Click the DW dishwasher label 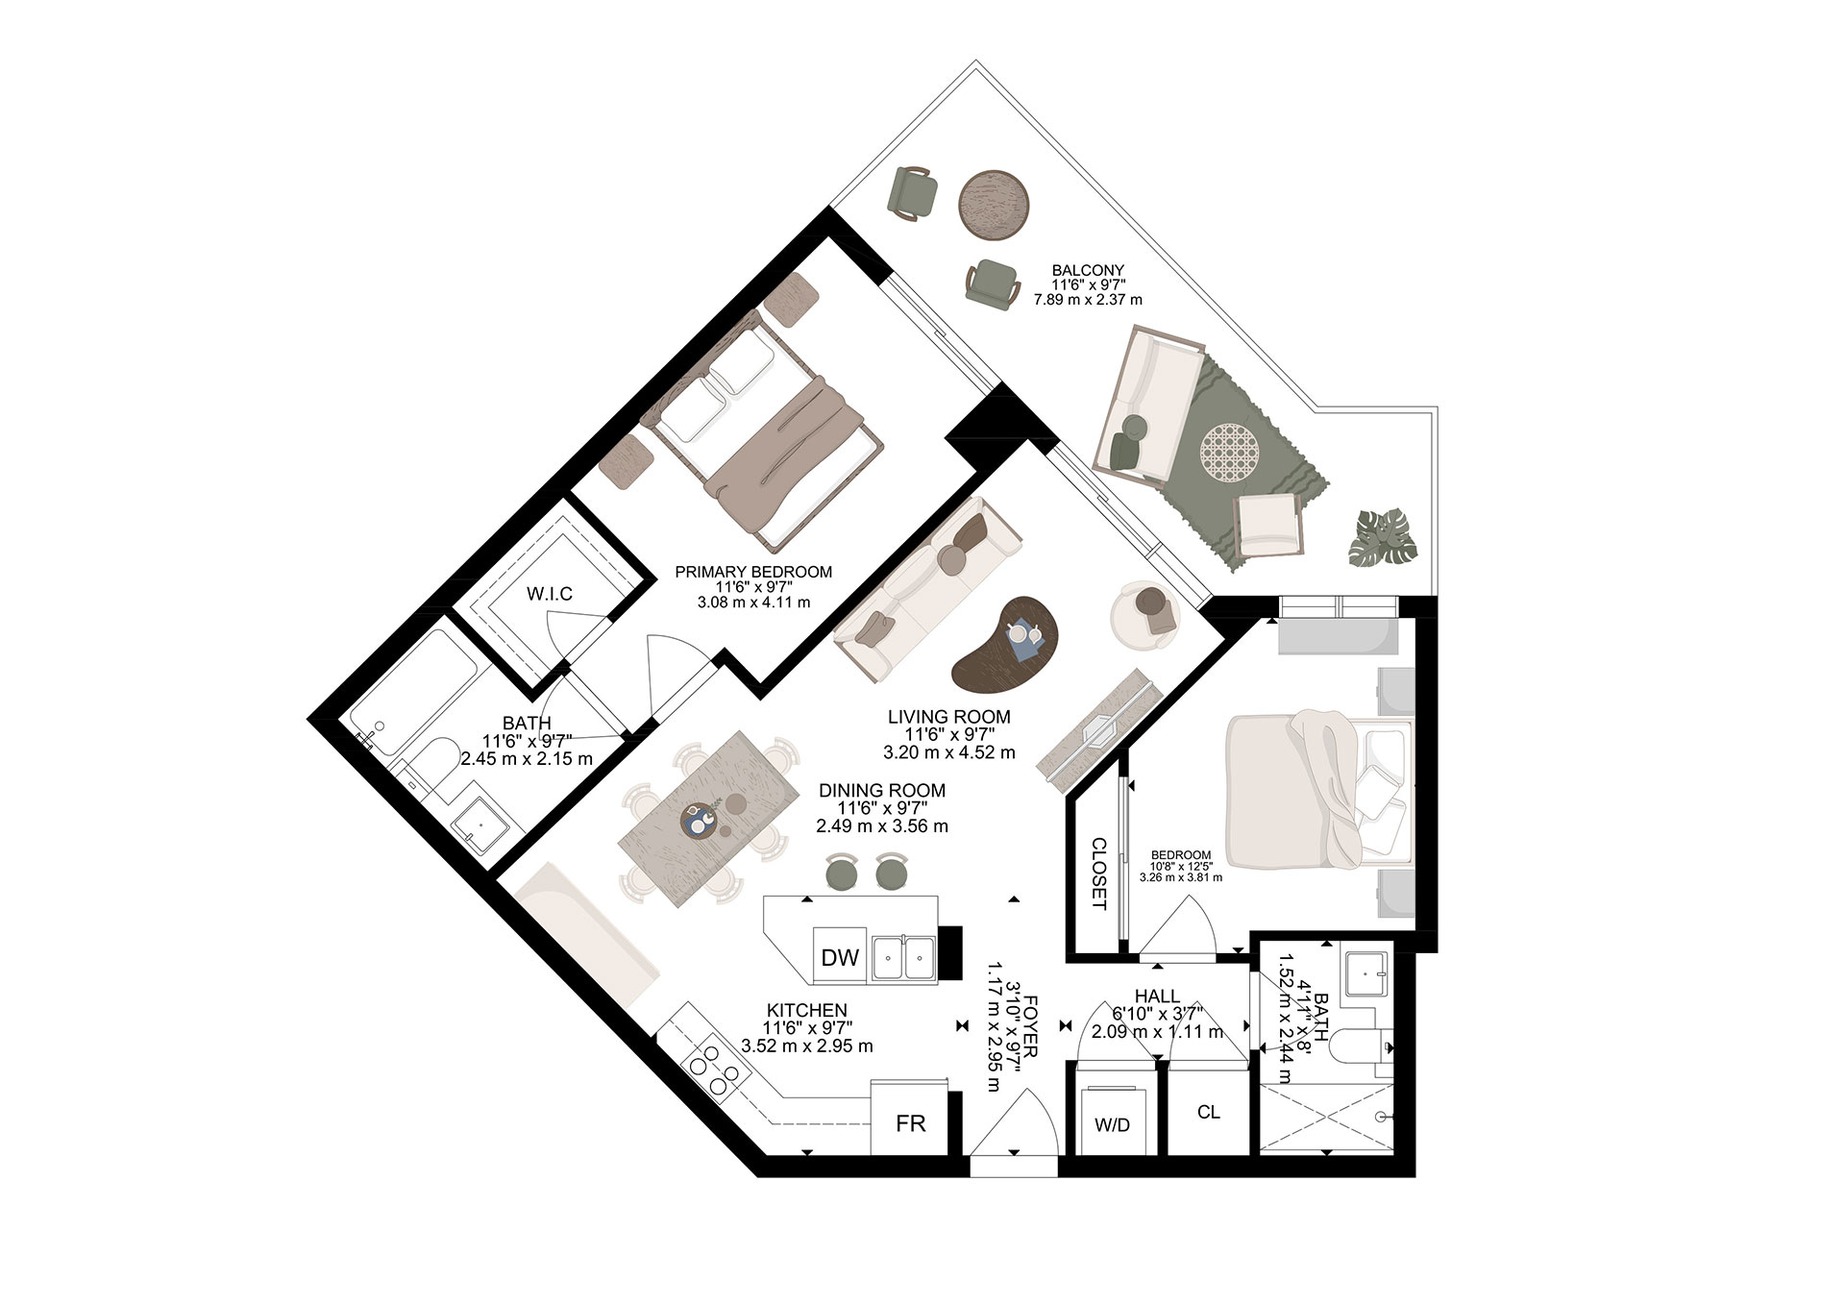[x=840, y=957]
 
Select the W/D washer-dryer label [x=1113, y=1124]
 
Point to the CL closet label [x=1209, y=1112]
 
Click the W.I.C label [x=550, y=594]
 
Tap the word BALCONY [x=1088, y=270]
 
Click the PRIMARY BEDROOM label [x=753, y=572]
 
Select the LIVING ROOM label [x=948, y=716]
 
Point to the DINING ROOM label [x=882, y=790]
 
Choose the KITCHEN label [x=806, y=1010]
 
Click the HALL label [x=1157, y=997]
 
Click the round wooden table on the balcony [x=996, y=205]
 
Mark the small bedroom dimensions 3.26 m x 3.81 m [x=1181, y=876]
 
